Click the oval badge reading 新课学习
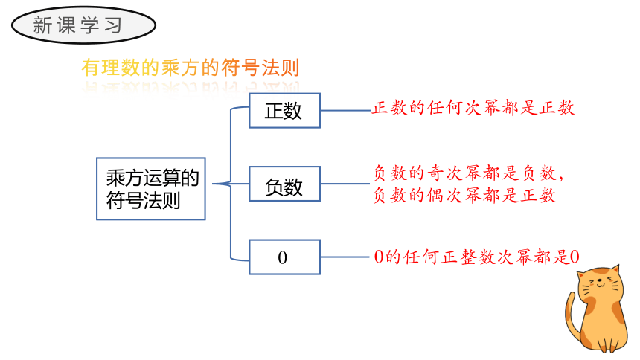pyautogui.click(x=83, y=25)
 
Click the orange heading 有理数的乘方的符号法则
pyautogui.click(x=191, y=68)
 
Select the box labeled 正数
pyautogui.click(x=284, y=111)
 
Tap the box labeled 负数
pyautogui.click(x=284, y=184)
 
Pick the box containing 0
pyautogui.click(x=284, y=257)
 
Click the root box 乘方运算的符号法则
pyautogui.click(x=151, y=189)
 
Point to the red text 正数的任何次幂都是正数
pyautogui.click(x=473, y=108)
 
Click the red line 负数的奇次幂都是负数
pyautogui.click(x=469, y=173)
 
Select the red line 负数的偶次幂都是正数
pyautogui.click(x=465, y=195)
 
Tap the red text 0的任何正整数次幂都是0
pyautogui.click(x=477, y=257)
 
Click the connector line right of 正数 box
pyautogui.click(x=346, y=110)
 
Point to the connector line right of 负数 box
pyautogui.click(x=345, y=184)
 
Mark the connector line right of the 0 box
pyautogui.click(x=345, y=257)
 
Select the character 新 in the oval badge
pyautogui.click(x=42, y=25)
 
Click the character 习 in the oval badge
pyautogui.click(x=113, y=25)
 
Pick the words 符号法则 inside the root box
pyautogui.click(x=144, y=200)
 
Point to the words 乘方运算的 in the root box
pyautogui.click(x=153, y=178)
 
